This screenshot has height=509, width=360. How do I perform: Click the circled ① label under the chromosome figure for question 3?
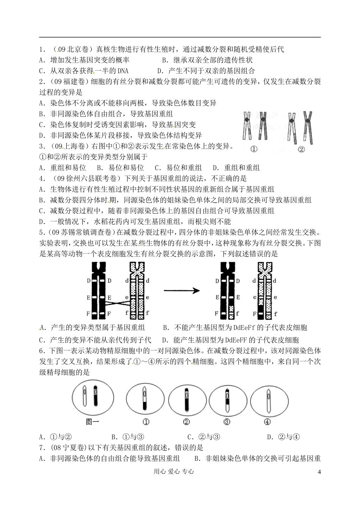[x=254, y=149]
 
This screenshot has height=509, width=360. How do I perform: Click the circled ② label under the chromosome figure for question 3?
[x=301, y=149]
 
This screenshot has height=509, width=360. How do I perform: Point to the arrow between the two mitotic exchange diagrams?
[x=182, y=291]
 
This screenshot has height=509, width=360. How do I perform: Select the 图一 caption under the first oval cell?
[x=92, y=421]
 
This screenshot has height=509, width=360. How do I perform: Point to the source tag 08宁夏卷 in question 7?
[x=66, y=448]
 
